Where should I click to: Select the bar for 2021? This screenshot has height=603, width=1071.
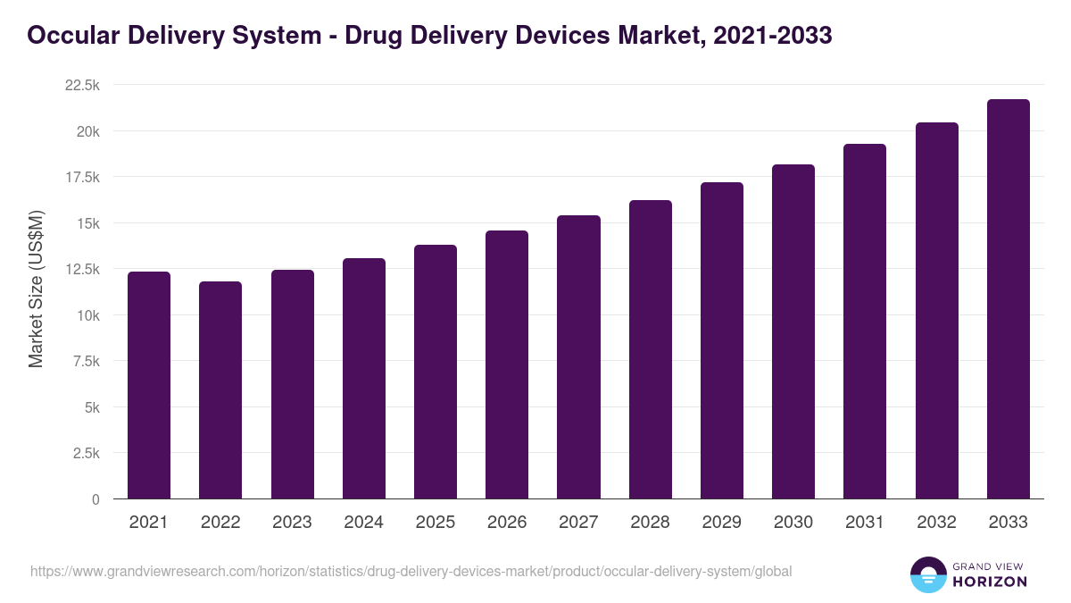[149, 386]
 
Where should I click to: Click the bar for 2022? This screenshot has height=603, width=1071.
[220, 390]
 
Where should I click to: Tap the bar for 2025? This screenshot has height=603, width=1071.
[436, 373]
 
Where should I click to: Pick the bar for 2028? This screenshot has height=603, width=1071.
[651, 350]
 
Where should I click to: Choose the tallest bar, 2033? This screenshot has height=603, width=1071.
[1009, 299]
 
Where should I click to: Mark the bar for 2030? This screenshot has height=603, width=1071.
[793, 332]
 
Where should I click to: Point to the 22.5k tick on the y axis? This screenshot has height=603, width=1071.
[82, 85]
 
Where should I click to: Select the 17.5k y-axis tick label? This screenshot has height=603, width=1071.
[82, 177]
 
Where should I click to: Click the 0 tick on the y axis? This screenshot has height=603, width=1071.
[95, 499]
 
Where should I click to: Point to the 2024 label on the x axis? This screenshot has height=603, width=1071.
[363, 523]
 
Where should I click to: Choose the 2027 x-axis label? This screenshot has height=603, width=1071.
[578, 523]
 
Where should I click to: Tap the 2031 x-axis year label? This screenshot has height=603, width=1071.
[865, 523]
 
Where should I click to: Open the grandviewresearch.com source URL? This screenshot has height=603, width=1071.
[411, 571]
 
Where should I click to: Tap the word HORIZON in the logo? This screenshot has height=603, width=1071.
[990, 581]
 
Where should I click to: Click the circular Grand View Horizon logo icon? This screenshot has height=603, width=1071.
[928, 574]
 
